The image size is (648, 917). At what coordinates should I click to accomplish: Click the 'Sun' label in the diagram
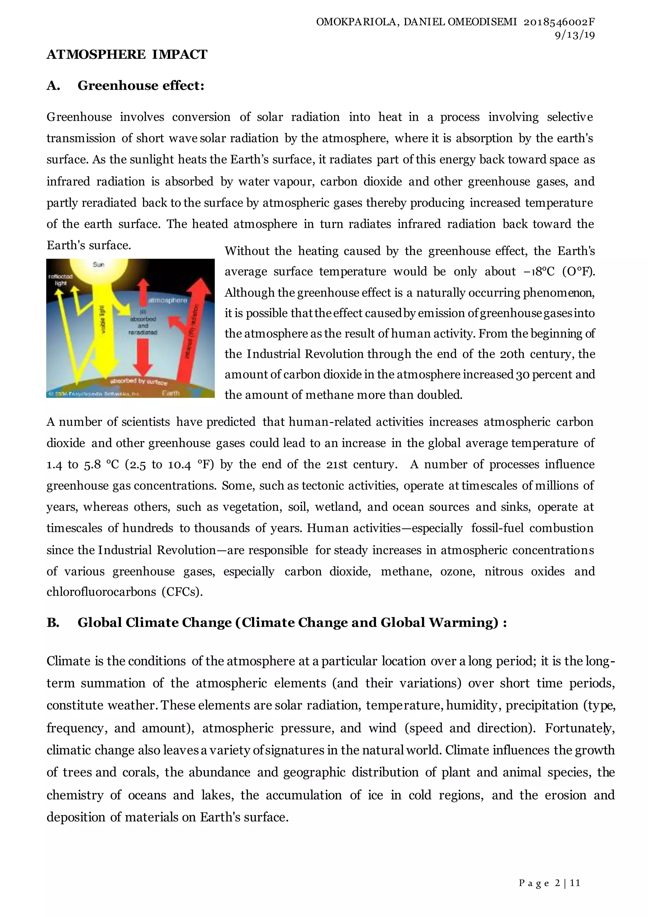[x=98, y=264]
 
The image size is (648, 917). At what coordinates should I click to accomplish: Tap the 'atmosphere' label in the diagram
[x=168, y=300]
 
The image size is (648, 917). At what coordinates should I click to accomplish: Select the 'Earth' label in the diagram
[x=171, y=393]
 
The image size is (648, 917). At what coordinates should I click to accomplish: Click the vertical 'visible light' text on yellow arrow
[x=103, y=319]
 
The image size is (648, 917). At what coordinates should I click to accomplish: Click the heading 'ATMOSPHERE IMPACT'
[x=127, y=54]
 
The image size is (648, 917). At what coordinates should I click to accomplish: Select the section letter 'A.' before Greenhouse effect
[x=53, y=85]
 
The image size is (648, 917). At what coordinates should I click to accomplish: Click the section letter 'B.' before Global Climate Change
[x=53, y=623]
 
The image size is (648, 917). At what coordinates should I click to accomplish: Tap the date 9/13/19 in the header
[x=575, y=35]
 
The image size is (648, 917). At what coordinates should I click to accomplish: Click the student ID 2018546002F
[x=559, y=22]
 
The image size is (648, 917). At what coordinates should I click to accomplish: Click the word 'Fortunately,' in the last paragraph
[x=580, y=728]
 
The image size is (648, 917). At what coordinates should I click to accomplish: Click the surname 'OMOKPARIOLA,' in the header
[x=358, y=22]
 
